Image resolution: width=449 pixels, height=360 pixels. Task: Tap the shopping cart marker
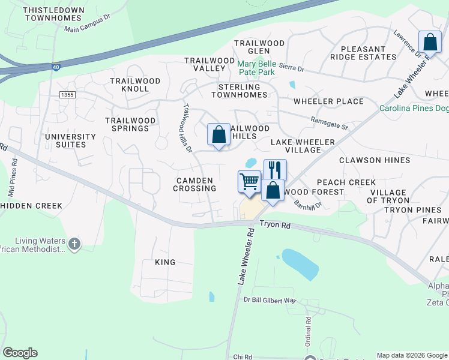click(x=249, y=181)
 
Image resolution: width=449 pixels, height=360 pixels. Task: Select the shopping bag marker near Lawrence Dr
click(x=429, y=43)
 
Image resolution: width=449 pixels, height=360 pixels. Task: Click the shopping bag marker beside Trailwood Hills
click(x=219, y=134)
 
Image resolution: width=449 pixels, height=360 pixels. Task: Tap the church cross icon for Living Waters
click(x=74, y=244)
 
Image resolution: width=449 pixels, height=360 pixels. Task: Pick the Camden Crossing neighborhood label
click(x=196, y=184)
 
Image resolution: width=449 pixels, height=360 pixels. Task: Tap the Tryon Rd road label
click(x=275, y=224)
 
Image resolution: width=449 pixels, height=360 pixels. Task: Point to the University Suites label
click(x=70, y=140)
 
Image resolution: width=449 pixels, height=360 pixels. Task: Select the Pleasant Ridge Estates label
click(x=363, y=53)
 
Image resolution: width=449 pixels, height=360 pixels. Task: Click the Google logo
click(x=20, y=353)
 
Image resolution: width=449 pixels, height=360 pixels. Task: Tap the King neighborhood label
click(x=165, y=262)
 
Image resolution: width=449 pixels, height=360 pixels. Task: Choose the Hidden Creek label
click(x=31, y=206)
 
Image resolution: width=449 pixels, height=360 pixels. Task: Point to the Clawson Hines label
click(x=375, y=160)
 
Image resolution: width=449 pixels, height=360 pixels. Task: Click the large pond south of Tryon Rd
click(x=300, y=263)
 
